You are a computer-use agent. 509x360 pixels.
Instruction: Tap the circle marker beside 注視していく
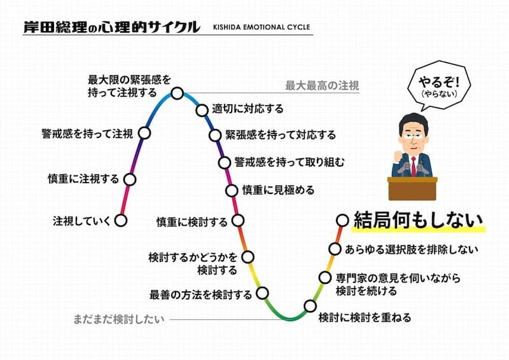(x=122, y=221)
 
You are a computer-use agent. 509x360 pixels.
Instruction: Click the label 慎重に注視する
(x=83, y=179)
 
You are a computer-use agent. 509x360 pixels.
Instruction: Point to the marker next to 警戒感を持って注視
(x=144, y=134)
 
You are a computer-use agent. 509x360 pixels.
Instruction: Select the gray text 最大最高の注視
(x=322, y=85)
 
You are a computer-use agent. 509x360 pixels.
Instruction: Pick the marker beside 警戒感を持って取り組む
(x=225, y=162)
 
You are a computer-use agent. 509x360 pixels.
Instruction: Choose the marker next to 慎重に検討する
(x=239, y=221)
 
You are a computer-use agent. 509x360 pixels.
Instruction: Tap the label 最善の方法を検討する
(x=200, y=294)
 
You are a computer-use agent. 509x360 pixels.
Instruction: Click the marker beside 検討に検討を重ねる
(x=310, y=306)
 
